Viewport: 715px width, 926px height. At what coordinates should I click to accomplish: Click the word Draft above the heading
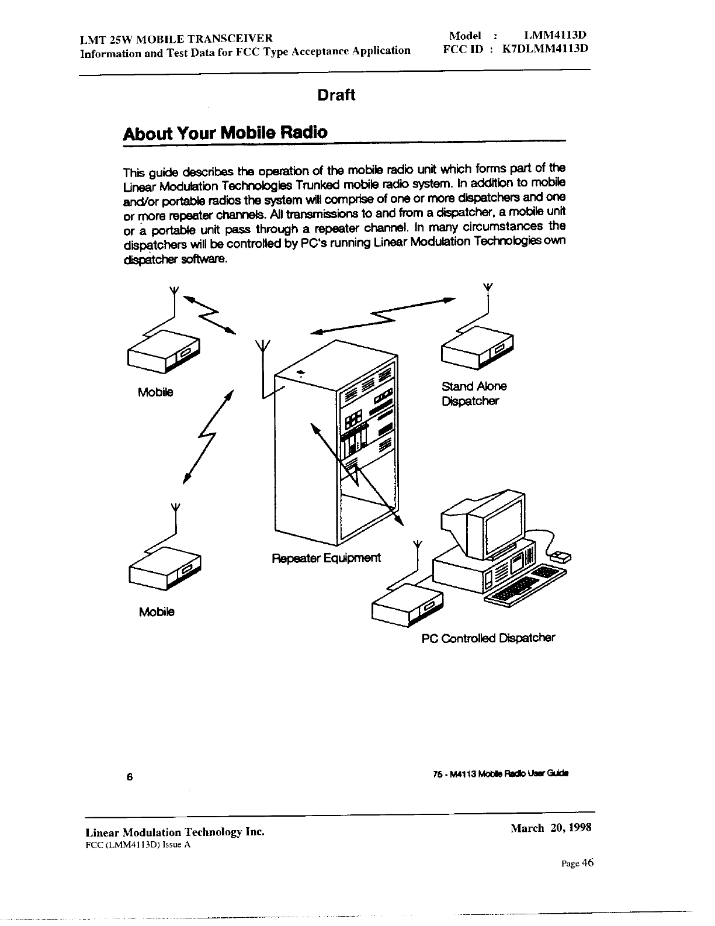click(336, 95)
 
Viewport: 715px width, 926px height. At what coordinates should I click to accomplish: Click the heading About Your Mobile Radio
click(225, 132)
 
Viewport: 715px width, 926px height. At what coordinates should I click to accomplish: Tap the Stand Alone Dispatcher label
click(474, 393)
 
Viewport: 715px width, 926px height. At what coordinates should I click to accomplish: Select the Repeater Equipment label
click(326, 558)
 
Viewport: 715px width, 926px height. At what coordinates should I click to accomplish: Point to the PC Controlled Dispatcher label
click(488, 638)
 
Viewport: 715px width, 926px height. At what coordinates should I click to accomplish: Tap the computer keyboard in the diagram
click(525, 584)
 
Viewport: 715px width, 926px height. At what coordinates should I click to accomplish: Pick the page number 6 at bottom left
click(130, 777)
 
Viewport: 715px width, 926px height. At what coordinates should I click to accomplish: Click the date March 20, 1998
click(551, 828)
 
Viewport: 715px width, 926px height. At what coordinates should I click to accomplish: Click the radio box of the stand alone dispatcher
click(475, 349)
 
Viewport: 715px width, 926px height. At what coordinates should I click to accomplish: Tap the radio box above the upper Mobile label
click(162, 350)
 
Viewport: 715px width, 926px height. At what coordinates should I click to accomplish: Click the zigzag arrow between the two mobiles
click(207, 435)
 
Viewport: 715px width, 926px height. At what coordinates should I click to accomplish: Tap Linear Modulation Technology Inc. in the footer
click(175, 832)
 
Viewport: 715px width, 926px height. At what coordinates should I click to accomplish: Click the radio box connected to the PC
click(407, 605)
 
